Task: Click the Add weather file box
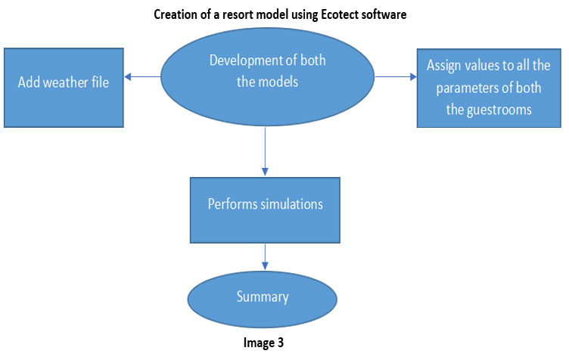tap(64, 88)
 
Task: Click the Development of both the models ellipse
tap(267, 77)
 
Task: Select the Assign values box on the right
tap(489, 88)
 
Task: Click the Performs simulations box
tap(266, 210)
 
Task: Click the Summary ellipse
tap(263, 299)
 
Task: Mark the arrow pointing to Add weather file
tap(142, 77)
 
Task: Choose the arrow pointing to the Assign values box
tap(396, 77)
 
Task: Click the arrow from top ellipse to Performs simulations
tap(266, 151)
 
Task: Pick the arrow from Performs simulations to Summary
tap(266, 257)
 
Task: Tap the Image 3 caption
tap(263, 343)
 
